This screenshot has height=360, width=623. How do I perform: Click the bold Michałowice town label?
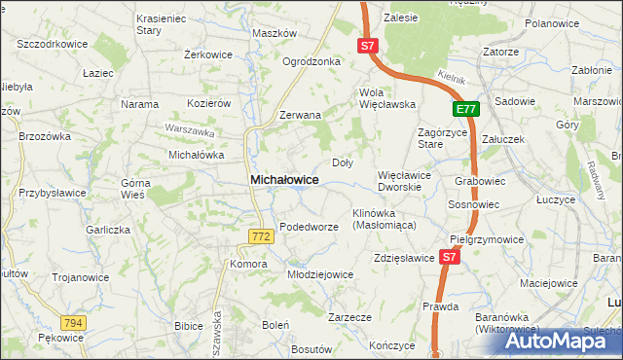(x=284, y=180)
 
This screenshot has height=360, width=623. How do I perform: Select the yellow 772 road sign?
(x=260, y=236)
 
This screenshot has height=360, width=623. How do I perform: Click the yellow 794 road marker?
(x=72, y=322)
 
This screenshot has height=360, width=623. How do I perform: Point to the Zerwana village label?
(x=300, y=115)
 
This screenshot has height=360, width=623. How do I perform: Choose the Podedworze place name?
(x=309, y=226)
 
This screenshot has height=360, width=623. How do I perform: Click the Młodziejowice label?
(x=320, y=274)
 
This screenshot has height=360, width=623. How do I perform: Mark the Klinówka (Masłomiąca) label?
(x=384, y=218)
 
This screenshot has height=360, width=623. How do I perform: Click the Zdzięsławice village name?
(x=403, y=258)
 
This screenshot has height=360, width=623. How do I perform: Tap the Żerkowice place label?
(x=208, y=54)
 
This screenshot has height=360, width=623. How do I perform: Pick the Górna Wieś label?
(x=132, y=189)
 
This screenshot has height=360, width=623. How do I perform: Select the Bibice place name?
(x=188, y=325)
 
